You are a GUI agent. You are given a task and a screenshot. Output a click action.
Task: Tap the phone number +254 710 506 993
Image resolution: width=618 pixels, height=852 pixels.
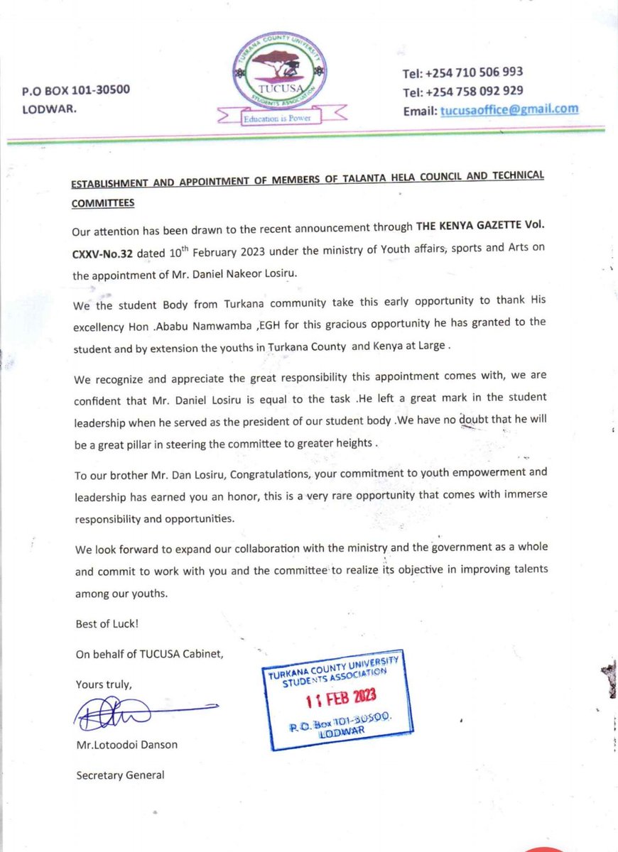474,72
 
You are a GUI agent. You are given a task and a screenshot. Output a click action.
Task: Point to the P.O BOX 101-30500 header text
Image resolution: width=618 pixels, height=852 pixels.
75,90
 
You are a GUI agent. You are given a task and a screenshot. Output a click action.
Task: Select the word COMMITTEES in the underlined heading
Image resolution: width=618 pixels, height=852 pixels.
103,202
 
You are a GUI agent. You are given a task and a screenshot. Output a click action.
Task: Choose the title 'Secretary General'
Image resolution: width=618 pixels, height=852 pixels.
120,775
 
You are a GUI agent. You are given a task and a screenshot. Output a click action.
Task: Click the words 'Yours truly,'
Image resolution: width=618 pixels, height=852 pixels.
104,684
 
